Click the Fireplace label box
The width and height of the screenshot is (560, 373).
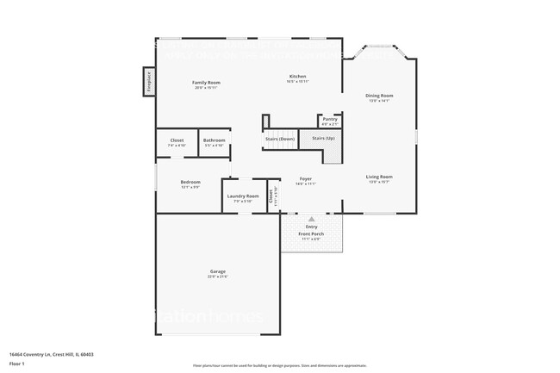click(148, 81)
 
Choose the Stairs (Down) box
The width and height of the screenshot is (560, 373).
click(279, 138)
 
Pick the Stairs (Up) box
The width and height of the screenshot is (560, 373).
click(323, 138)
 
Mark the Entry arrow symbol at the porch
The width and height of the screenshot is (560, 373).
click(312, 220)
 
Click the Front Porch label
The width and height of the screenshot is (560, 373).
click(311, 234)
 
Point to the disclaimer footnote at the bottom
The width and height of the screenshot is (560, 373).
click(280, 367)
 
